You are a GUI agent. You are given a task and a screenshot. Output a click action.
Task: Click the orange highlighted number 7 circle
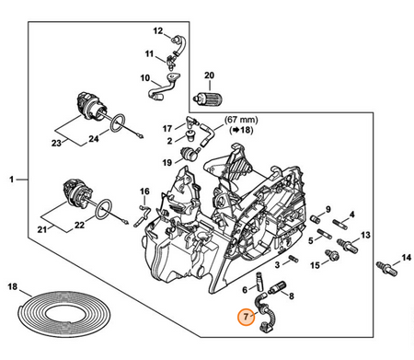point(246,316)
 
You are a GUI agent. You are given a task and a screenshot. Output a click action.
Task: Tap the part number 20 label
point(209,75)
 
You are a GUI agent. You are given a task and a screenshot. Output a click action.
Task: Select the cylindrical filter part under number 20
point(208,99)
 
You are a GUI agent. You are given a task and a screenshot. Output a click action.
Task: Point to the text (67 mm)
point(241,120)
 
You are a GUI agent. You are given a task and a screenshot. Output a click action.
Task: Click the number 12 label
point(158,31)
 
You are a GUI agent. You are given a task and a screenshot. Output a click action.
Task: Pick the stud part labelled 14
point(387,268)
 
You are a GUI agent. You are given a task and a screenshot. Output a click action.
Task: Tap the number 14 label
point(406,258)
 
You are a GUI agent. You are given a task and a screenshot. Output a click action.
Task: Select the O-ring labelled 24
point(116,123)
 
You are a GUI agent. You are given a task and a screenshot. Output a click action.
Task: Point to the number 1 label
point(12,180)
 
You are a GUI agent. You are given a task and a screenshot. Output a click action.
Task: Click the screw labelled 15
point(331,254)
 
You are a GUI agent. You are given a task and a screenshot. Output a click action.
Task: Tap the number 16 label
point(144,192)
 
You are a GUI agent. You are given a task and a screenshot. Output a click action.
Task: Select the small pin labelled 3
point(293,259)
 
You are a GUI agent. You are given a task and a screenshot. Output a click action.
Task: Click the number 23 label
point(56,143)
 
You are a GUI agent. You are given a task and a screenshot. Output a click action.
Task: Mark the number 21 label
point(42,229)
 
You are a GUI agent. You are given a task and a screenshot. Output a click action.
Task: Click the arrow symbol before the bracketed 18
point(236,130)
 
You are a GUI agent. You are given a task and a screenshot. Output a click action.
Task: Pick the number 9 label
point(328,209)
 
